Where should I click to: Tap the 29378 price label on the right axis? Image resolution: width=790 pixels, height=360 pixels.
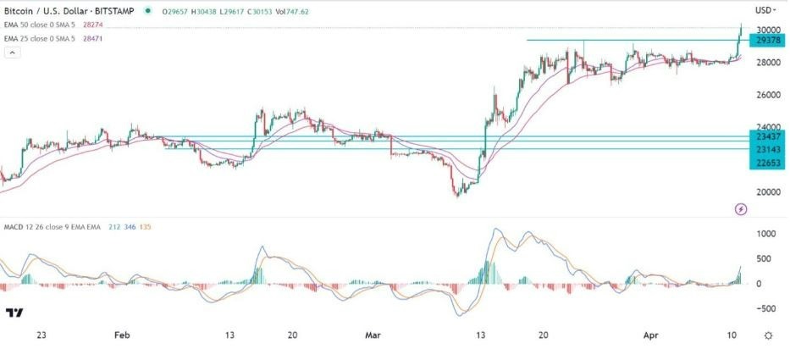pos(767,40)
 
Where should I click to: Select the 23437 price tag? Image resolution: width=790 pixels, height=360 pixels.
pos(767,136)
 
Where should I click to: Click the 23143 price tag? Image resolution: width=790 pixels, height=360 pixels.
pos(767,149)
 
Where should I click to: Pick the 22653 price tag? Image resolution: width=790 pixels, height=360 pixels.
pos(767,162)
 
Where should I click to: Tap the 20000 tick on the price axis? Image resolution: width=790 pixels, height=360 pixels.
pos(767,191)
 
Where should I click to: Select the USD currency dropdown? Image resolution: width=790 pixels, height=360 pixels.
pos(765,10)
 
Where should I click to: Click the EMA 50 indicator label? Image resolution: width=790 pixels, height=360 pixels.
pos(41,25)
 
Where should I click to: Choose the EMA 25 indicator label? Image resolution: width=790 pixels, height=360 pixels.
pos(41,37)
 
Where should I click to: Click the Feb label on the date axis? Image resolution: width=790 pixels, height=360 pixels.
pos(122,335)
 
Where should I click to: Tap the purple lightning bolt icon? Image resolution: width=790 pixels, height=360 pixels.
pos(740,208)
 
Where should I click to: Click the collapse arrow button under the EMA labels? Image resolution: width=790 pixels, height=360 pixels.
pos(12,53)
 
